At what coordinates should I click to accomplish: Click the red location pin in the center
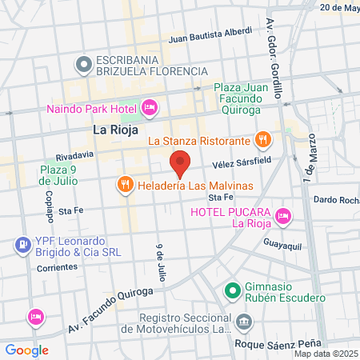[180, 162]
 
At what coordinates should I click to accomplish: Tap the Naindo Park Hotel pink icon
[148, 107]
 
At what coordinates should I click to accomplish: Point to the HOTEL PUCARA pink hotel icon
[282, 214]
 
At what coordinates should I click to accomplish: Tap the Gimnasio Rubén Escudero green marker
[232, 290]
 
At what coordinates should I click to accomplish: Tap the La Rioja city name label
[116, 130]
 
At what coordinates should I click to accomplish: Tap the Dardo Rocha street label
[335, 199]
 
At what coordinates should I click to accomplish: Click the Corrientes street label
[56, 267]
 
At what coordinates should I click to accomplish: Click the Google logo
[26, 350]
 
